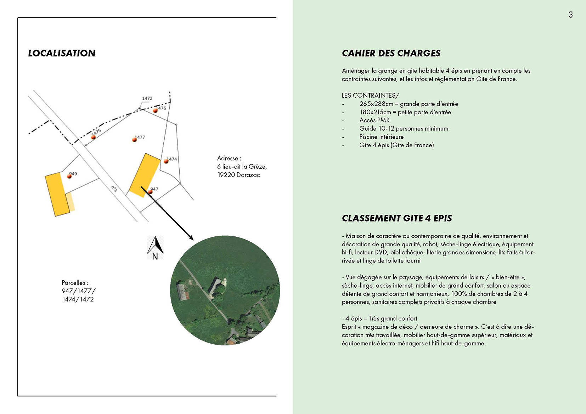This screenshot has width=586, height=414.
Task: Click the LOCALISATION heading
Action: (x=62, y=53)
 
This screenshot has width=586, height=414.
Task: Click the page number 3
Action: (x=570, y=15)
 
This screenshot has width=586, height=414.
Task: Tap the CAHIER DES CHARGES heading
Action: (x=391, y=53)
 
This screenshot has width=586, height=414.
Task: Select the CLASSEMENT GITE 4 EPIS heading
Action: (x=396, y=218)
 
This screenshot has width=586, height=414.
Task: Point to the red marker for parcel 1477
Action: (x=135, y=140)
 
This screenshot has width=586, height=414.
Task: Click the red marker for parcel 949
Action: (x=69, y=176)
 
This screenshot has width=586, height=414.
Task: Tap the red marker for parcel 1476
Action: (x=155, y=111)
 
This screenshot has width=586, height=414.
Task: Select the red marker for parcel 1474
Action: (x=166, y=161)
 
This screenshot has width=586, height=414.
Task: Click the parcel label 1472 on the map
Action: (x=147, y=98)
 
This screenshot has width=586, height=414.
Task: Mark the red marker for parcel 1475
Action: (x=94, y=137)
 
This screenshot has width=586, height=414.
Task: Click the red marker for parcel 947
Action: (x=150, y=192)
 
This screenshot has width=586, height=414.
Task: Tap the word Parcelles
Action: (x=74, y=283)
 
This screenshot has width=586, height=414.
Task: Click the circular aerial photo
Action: (x=225, y=290)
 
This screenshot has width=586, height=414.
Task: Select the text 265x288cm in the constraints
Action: (x=376, y=104)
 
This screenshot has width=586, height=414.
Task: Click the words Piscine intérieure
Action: (x=381, y=137)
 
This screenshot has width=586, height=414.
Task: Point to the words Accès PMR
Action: (x=374, y=120)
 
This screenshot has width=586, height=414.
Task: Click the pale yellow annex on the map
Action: (x=71, y=202)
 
